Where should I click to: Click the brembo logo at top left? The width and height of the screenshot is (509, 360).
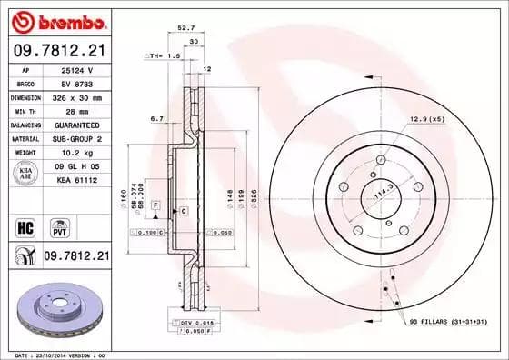coord(59,20)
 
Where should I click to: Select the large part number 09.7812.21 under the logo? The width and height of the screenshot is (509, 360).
coord(59,49)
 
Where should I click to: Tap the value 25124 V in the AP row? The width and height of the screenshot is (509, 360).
coord(79,69)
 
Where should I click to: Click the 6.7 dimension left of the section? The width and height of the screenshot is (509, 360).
coord(157,117)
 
